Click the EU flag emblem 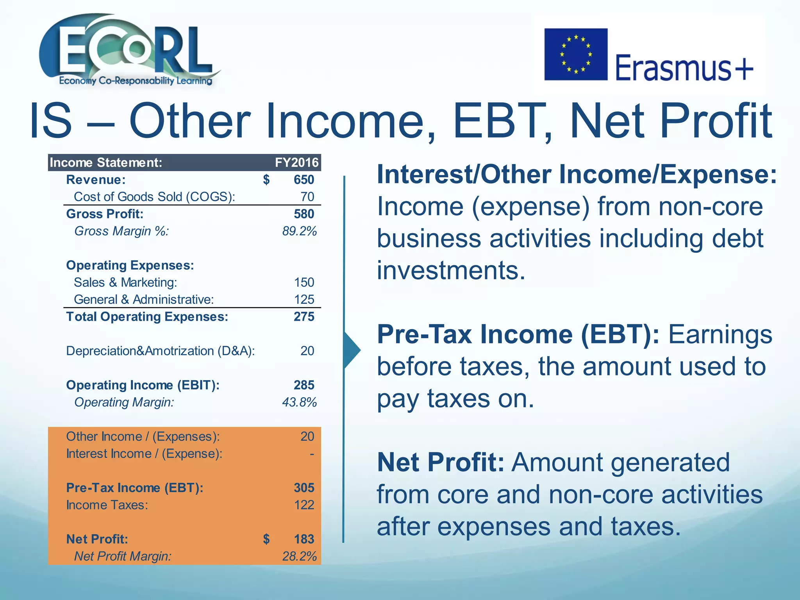(x=576, y=54)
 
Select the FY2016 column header (x=296, y=162)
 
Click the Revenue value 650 (x=304, y=180)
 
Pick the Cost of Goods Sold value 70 (x=307, y=197)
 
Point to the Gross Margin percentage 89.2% (x=299, y=231)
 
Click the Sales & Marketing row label (x=125, y=282)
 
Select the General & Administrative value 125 (x=304, y=300)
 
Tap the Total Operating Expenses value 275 (x=304, y=317)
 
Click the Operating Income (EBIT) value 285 (x=304, y=385)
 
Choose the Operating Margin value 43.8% (x=299, y=402)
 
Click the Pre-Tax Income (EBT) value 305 (x=304, y=488)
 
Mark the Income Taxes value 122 (x=304, y=505)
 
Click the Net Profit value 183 (x=304, y=539)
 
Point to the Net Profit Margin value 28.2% (x=299, y=556)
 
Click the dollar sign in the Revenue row (x=266, y=180)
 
